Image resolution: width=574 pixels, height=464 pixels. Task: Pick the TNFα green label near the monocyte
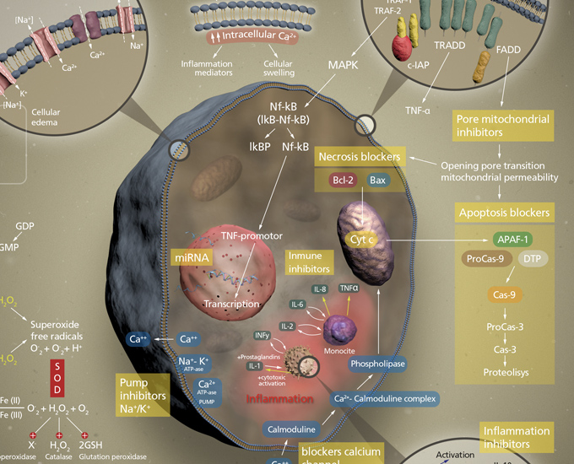point(349,288)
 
